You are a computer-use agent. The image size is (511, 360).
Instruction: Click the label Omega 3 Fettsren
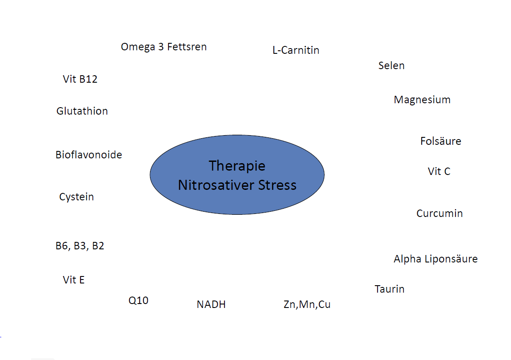point(164,47)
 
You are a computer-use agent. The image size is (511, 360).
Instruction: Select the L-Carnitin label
point(296,50)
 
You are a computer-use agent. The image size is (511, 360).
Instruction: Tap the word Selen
point(392,66)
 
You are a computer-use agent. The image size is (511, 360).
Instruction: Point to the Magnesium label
point(422,100)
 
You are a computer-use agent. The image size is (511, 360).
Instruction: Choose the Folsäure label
point(441,141)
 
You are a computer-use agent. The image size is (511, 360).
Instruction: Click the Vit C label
point(439,171)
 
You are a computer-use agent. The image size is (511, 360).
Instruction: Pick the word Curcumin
point(440,213)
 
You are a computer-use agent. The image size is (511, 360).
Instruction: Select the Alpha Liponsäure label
point(436,259)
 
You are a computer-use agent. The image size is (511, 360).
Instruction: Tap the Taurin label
point(389,289)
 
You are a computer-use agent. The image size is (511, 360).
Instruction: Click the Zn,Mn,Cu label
point(307,304)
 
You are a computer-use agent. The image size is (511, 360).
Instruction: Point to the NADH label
point(211,304)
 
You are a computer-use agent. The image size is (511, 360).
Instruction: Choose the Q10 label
point(139,301)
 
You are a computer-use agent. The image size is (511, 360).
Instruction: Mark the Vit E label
point(73,280)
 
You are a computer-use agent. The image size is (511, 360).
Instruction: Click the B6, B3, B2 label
point(80,246)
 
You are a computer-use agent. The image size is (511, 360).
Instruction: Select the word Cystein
point(77,197)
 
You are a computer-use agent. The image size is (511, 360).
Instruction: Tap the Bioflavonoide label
point(89,155)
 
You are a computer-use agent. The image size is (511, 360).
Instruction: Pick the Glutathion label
point(82,111)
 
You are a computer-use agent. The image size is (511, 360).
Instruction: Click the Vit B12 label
point(80,79)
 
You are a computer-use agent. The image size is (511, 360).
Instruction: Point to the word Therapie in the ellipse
point(237,166)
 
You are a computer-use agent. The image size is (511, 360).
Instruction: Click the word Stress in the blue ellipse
point(277,185)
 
